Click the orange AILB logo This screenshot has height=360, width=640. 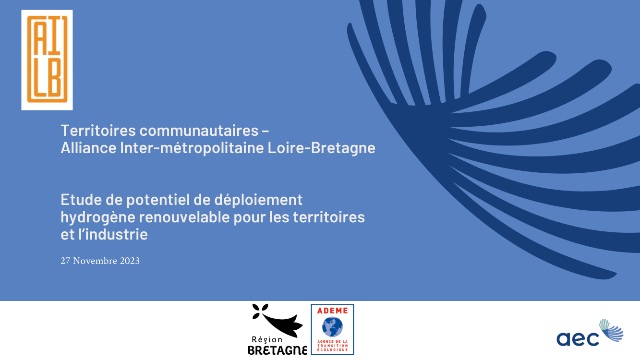coord(47,60)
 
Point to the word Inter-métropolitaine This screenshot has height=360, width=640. coord(192,148)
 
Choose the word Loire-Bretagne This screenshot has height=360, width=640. coord(321,148)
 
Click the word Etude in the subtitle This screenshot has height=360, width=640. coord(81,199)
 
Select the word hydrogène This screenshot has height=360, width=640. coord(98,217)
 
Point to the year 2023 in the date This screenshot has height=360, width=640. coord(130,261)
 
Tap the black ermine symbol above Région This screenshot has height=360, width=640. coord(277,320)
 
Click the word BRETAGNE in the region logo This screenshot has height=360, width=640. coord(278,350)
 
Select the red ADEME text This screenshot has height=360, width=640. coord(333,311)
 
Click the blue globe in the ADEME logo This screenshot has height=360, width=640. coord(332,327)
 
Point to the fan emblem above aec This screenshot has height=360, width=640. coord(611,330)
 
